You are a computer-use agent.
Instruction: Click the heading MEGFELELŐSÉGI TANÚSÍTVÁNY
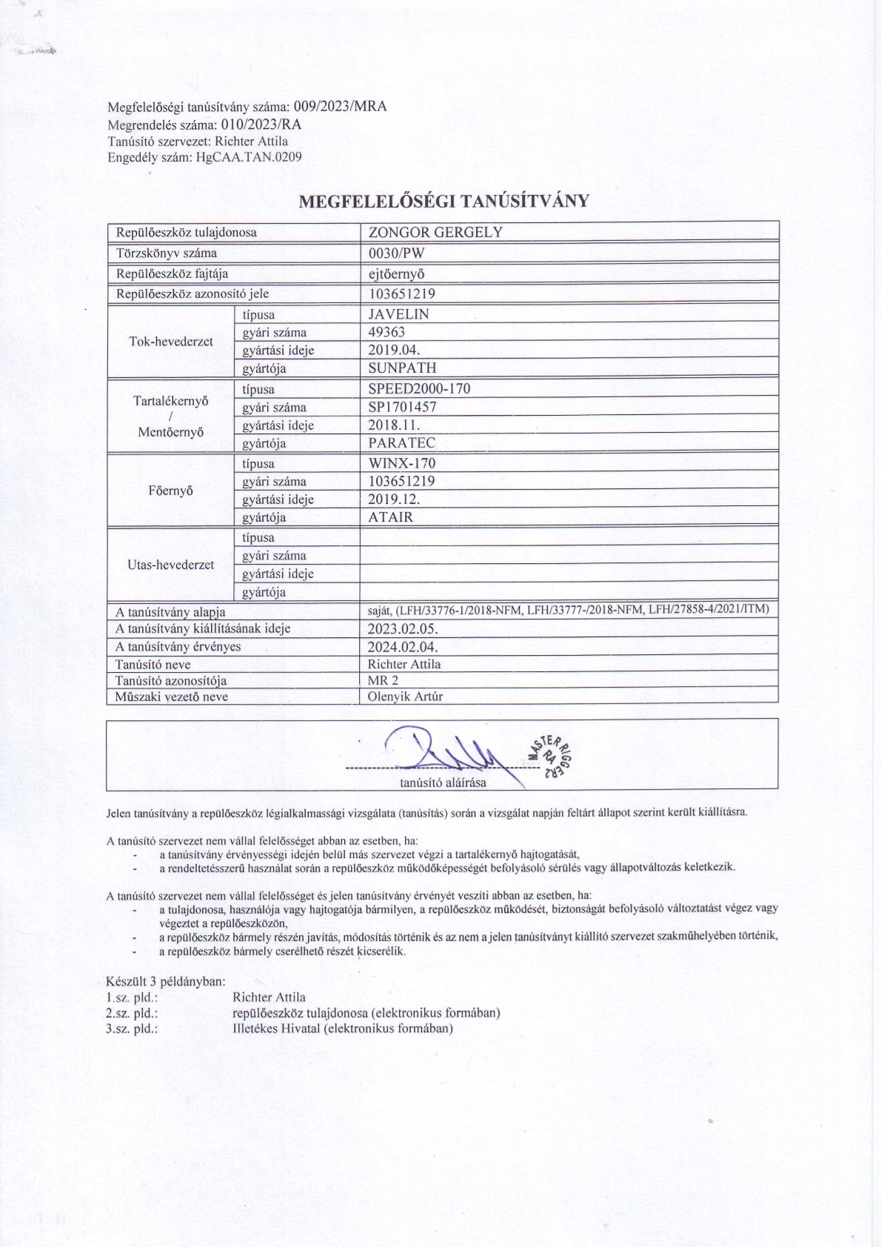443,202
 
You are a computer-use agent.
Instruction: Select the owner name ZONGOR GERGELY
435,232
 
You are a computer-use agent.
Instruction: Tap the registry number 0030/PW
396,253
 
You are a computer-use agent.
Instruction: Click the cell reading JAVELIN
398,313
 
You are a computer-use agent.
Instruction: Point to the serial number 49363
386,332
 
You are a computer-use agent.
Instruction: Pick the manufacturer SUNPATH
402,368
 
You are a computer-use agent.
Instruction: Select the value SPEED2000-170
419,388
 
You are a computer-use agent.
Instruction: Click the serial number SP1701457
402,407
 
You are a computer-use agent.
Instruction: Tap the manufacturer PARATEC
402,443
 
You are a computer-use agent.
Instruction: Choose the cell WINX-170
402,463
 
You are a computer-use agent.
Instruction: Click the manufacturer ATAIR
390,517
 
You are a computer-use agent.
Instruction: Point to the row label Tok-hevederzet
171,342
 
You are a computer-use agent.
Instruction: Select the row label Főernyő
171,491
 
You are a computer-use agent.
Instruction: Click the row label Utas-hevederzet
171,565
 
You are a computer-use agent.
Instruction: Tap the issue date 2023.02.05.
403,628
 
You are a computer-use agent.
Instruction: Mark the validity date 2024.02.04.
403,646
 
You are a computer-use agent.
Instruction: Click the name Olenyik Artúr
405,696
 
